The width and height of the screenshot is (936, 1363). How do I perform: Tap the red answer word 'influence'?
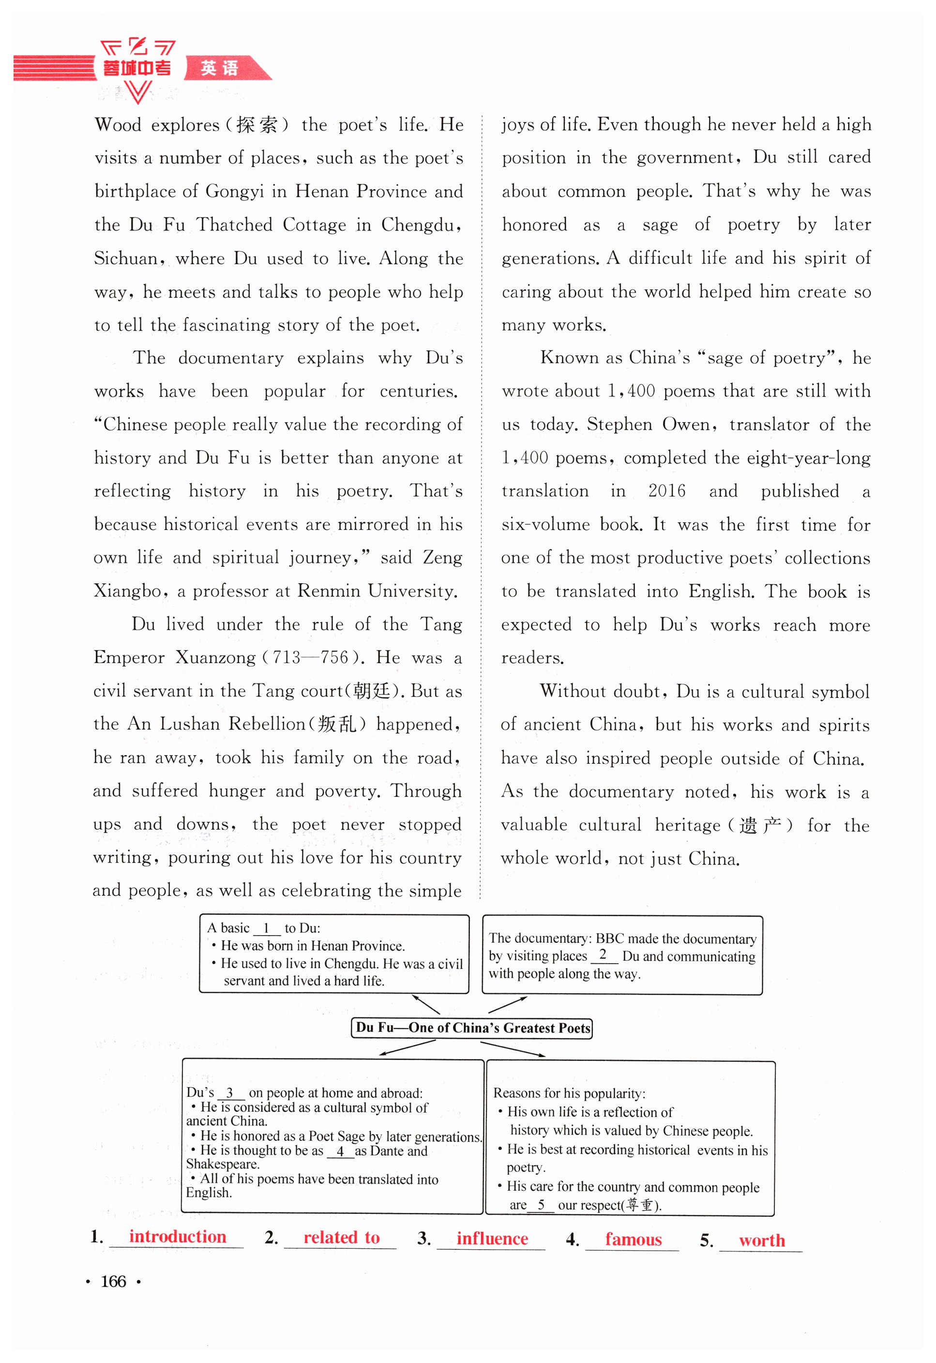492,1239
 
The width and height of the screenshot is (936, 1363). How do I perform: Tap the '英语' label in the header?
219,68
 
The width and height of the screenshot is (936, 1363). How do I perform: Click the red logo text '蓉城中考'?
136,68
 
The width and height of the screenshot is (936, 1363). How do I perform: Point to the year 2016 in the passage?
666,491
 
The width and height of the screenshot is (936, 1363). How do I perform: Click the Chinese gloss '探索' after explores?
257,125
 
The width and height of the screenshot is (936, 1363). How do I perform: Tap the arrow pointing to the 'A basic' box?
426,1005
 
